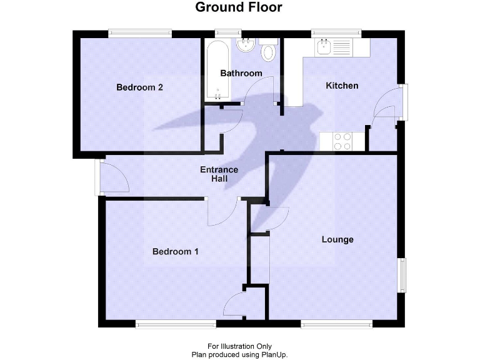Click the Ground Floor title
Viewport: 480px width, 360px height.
(x=239, y=8)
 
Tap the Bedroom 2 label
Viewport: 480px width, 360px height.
(x=140, y=87)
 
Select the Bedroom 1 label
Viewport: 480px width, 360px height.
(x=176, y=252)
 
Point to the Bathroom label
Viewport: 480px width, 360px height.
(x=241, y=73)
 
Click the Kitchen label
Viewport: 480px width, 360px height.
(x=342, y=86)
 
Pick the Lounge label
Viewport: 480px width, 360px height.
(x=337, y=239)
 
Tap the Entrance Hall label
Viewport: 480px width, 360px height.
(x=219, y=174)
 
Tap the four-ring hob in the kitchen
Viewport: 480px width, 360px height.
(x=342, y=142)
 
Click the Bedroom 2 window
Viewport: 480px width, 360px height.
(x=139, y=33)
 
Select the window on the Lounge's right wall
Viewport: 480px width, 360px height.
(x=402, y=275)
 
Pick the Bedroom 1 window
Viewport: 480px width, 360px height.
(x=177, y=324)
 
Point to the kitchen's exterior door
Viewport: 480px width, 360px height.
(x=404, y=102)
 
